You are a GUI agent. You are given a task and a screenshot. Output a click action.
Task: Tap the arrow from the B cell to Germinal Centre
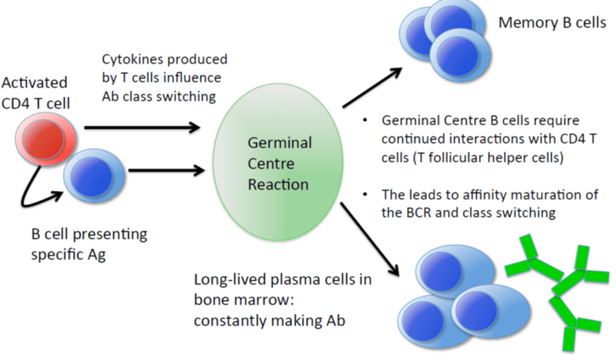click(x=166, y=169)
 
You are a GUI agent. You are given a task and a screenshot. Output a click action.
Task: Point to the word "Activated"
click(x=35, y=82)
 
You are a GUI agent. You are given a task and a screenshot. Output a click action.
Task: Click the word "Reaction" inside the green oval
click(x=280, y=185)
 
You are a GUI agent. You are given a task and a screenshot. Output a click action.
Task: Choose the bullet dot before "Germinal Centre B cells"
click(x=365, y=121)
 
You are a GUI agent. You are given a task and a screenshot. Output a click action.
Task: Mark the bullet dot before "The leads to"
click(x=365, y=195)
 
